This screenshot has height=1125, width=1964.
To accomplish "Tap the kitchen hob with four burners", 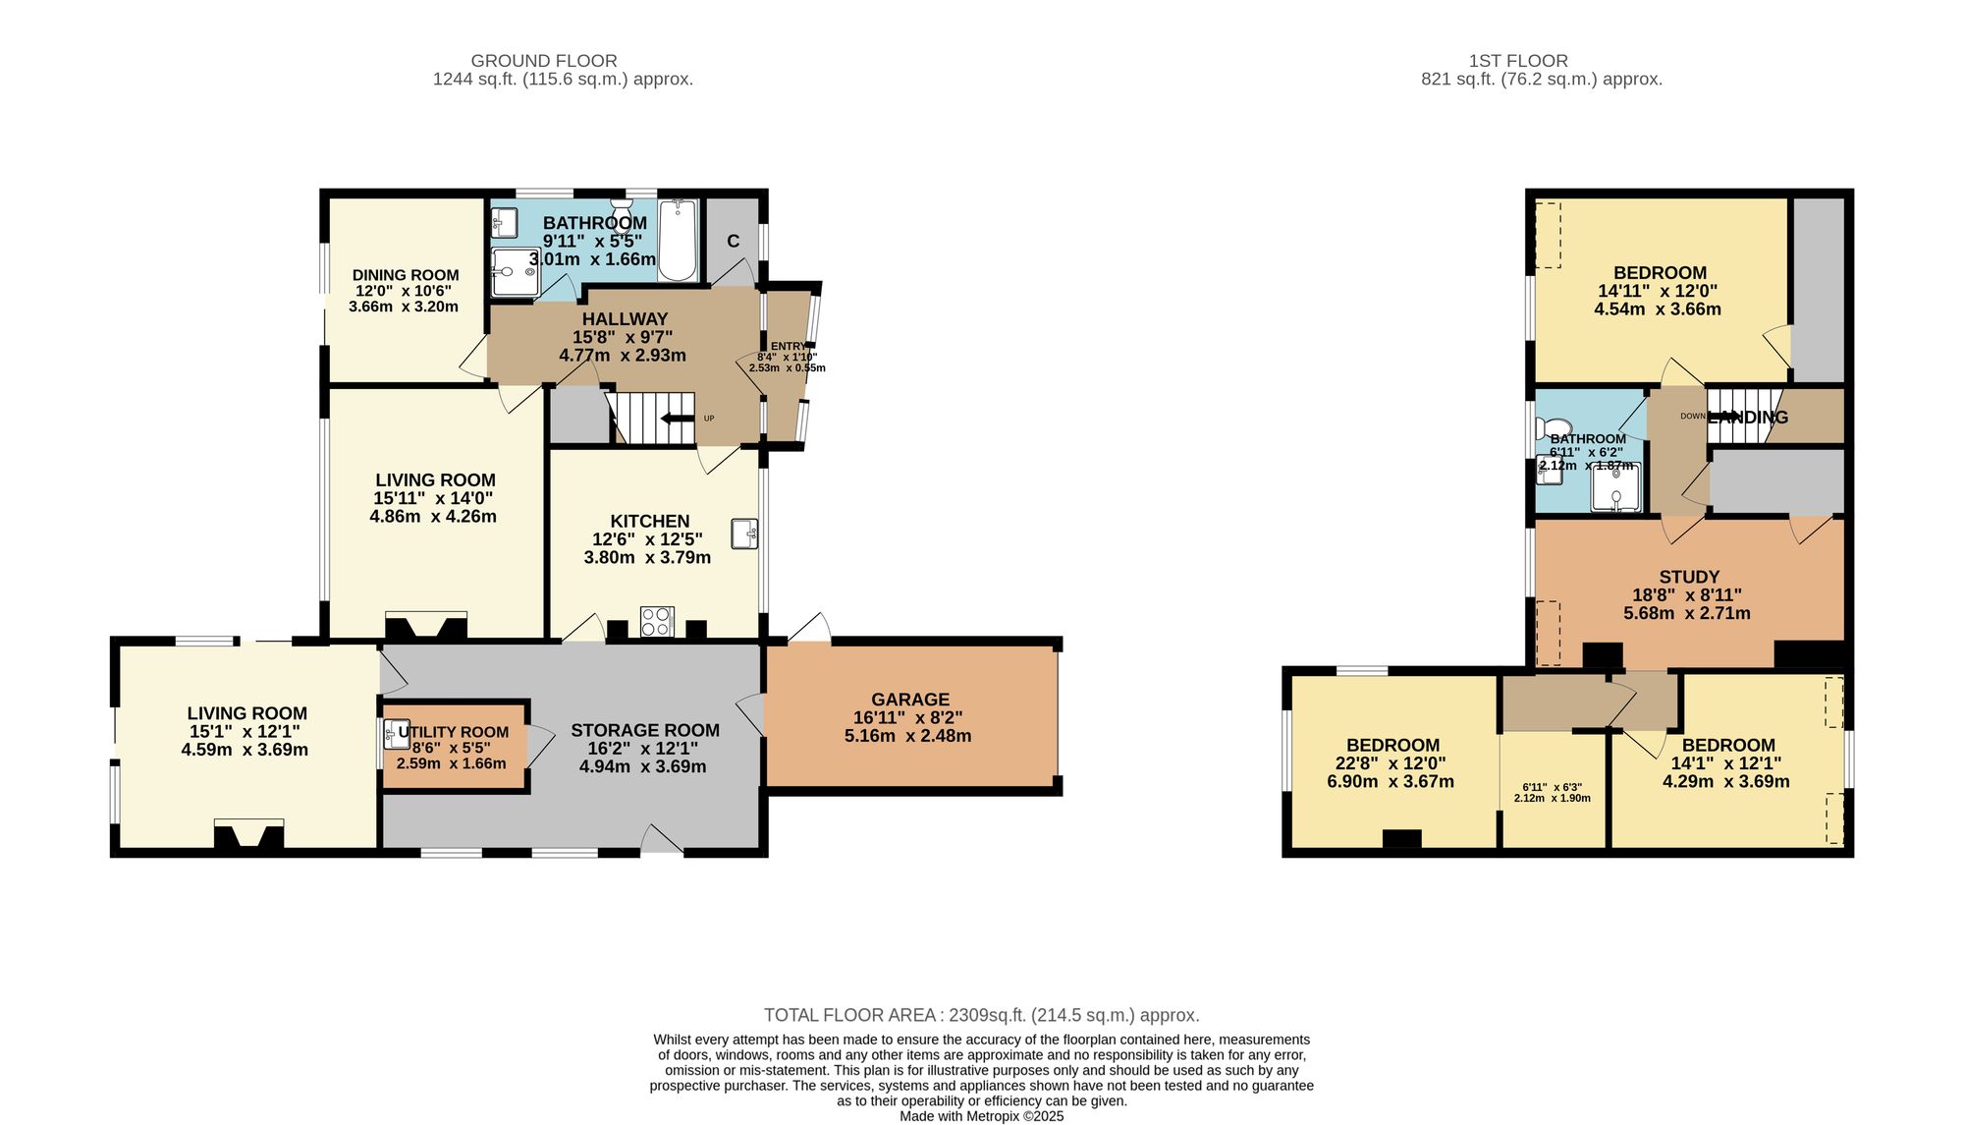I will click(x=657, y=622).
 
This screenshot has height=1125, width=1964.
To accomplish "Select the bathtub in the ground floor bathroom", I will click(x=678, y=241).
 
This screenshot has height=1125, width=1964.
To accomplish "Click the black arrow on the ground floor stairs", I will click(x=678, y=419).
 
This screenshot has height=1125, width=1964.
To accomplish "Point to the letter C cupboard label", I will click(x=733, y=242).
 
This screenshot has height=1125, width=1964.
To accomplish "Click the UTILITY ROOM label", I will click(x=453, y=732).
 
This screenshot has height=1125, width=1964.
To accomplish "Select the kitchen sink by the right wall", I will click(x=744, y=534).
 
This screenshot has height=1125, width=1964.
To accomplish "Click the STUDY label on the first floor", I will click(x=1689, y=577).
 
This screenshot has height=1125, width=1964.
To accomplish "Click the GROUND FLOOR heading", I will click(x=544, y=61).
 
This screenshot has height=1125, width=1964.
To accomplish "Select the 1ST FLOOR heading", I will click(x=1518, y=61).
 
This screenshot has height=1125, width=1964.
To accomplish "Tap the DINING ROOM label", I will click(x=406, y=275).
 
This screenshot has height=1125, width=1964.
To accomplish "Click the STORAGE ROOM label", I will click(x=645, y=730).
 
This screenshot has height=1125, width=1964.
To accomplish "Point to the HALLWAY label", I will click(x=625, y=319).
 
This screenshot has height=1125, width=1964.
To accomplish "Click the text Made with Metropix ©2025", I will click(x=981, y=1116).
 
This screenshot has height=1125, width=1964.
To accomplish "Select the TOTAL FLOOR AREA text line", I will click(x=981, y=1015).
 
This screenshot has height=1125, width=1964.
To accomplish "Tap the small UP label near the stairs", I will click(x=709, y=419).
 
